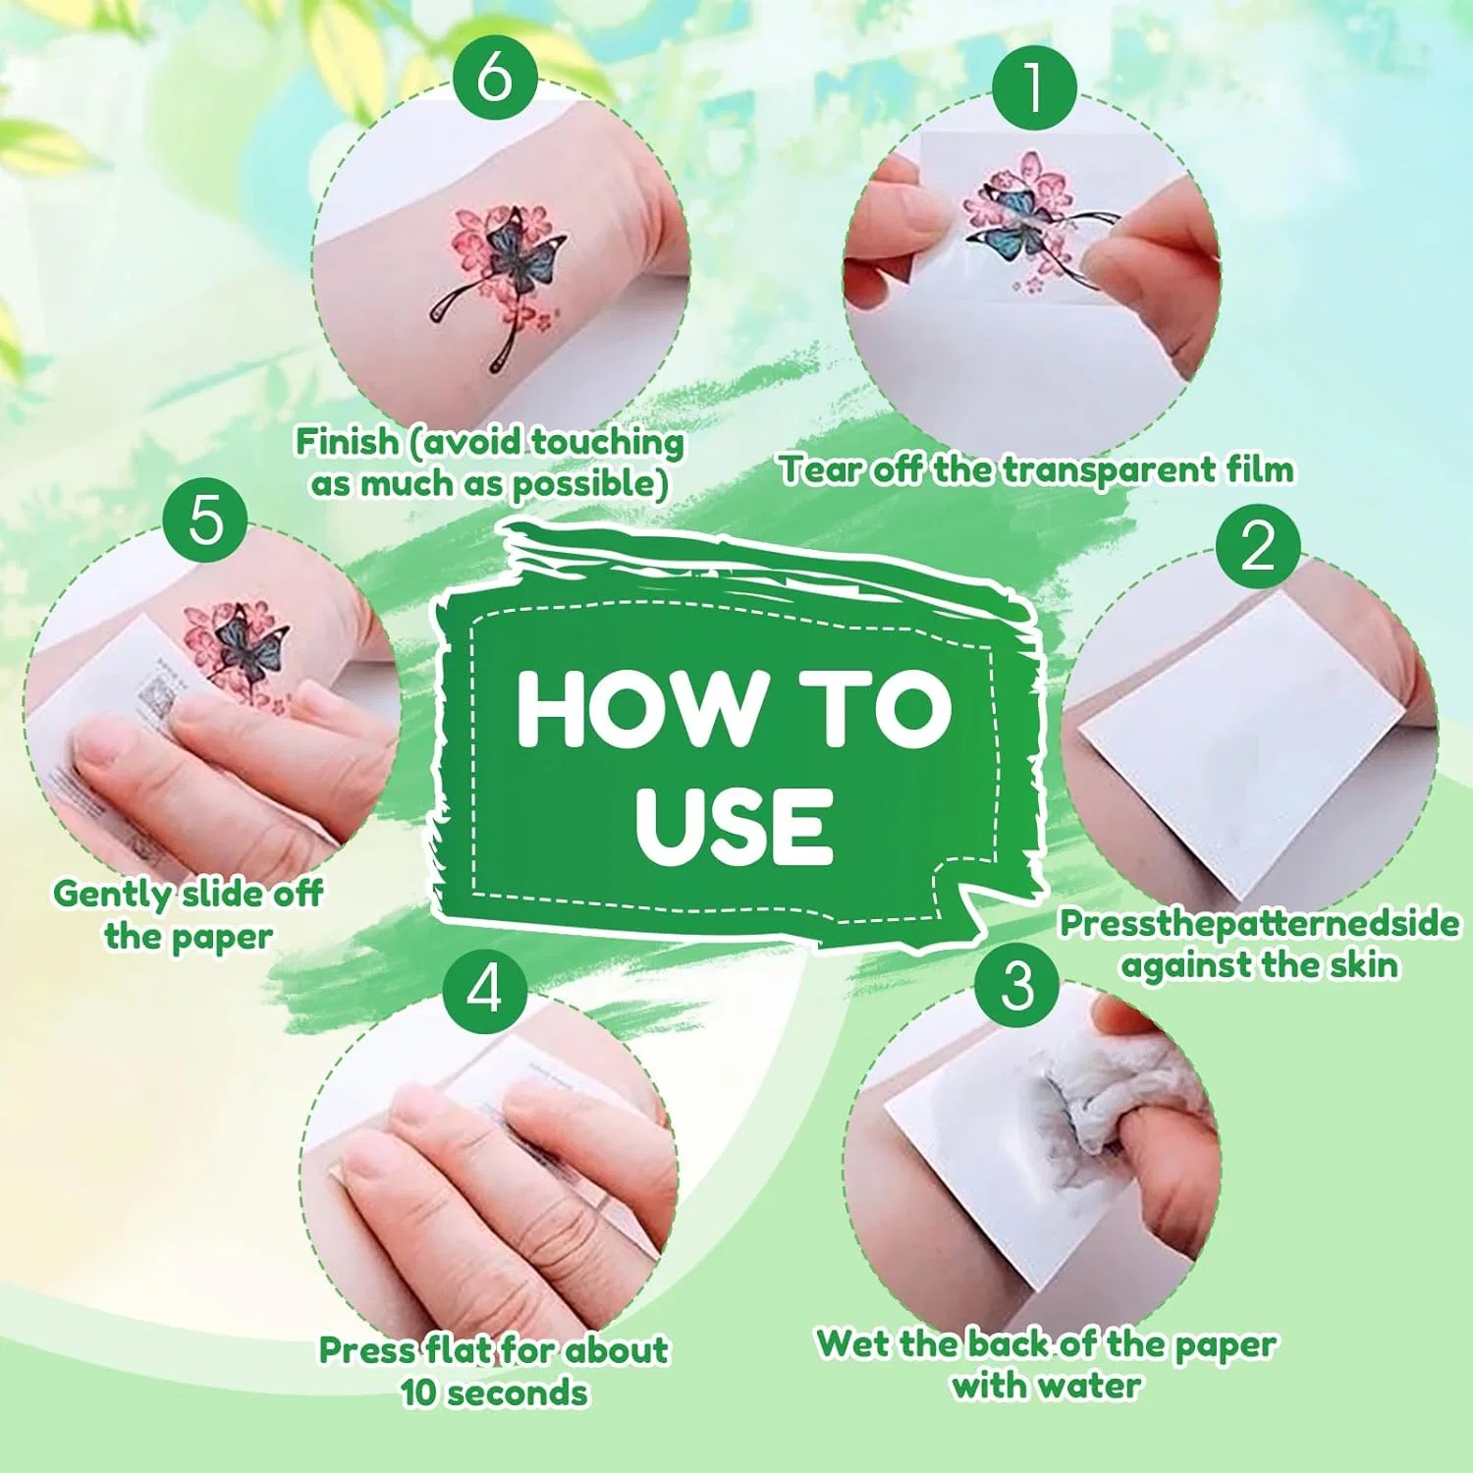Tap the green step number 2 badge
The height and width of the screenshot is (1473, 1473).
click(x=1258, y=546)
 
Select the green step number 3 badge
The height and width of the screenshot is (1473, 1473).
click(x=1017, y=985)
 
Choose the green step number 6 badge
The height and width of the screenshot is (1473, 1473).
click(x=495, y=77)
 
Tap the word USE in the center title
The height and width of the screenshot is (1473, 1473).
click(x=735, y=825)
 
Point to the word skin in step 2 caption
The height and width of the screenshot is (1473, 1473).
click(x=1364, y=964)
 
